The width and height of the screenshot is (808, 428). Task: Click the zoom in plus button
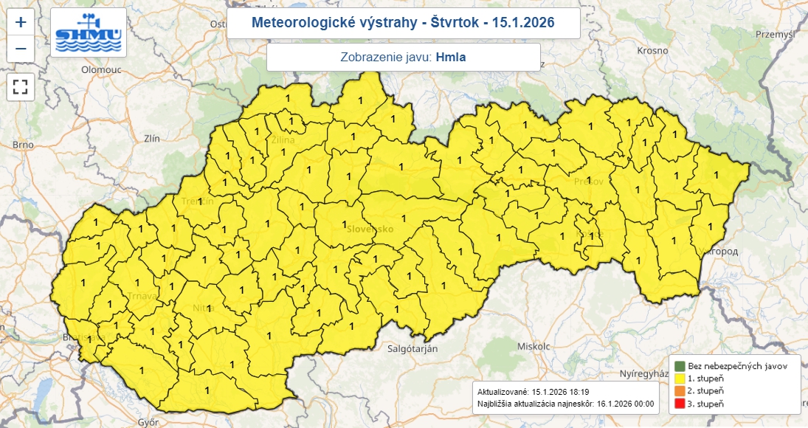coord(21,22)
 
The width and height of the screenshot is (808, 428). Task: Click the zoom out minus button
coord(21,49)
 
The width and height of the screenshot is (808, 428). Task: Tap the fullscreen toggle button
coord(21,86)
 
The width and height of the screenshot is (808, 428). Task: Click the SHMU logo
coord(89,33)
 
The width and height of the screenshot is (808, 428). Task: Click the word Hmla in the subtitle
coord(451,57)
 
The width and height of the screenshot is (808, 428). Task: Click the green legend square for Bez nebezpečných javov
coord(680,366)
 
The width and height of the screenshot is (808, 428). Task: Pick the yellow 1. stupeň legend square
coord(680,378)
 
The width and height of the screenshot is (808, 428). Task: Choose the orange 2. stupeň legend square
coord(680,390)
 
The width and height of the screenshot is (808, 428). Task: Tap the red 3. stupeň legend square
coord(680,403)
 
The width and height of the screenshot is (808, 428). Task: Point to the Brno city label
coord(23,145)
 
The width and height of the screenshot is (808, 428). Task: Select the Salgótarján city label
coord(413,348)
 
